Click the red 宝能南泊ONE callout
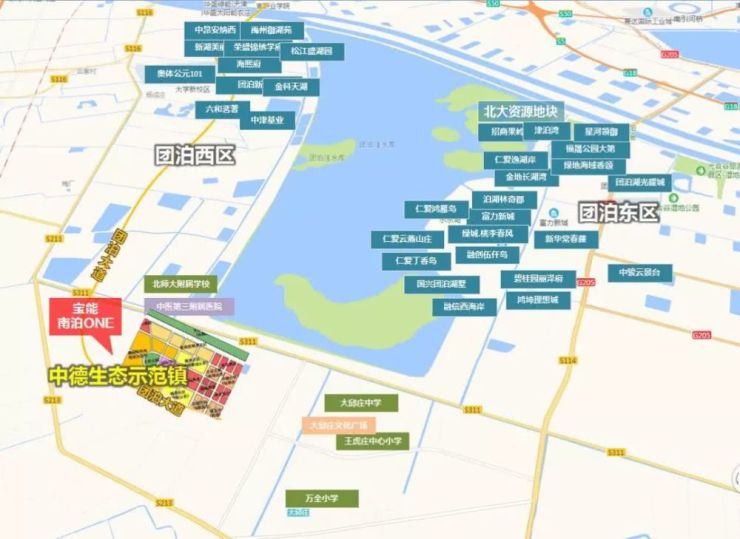(84, 316)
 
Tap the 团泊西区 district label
(195, 156)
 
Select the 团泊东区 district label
(619, 212)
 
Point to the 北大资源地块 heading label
(520, 110)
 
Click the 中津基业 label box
(267, 120)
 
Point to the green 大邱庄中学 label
(361, 403)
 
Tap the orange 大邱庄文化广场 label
(339, 425)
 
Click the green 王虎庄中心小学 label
(372, 441)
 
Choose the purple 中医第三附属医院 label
(189, 305)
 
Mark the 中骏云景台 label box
(640, 272)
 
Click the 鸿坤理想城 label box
(537, 299)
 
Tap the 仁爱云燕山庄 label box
(407, 240)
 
